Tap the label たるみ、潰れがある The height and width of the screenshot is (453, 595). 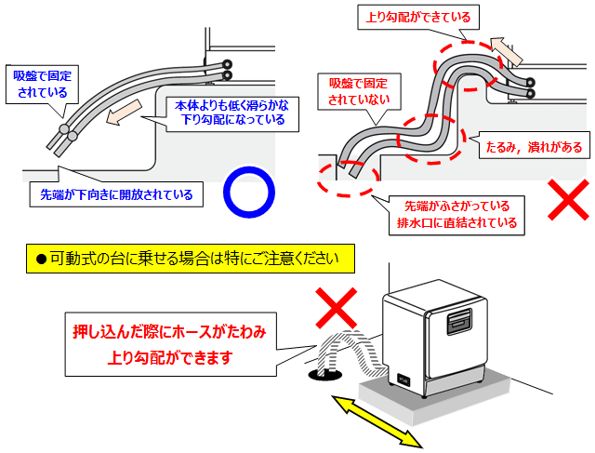pos(534,147)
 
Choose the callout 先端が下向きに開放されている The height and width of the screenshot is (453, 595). pos(116,194)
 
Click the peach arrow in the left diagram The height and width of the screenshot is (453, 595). pos(122,116)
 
